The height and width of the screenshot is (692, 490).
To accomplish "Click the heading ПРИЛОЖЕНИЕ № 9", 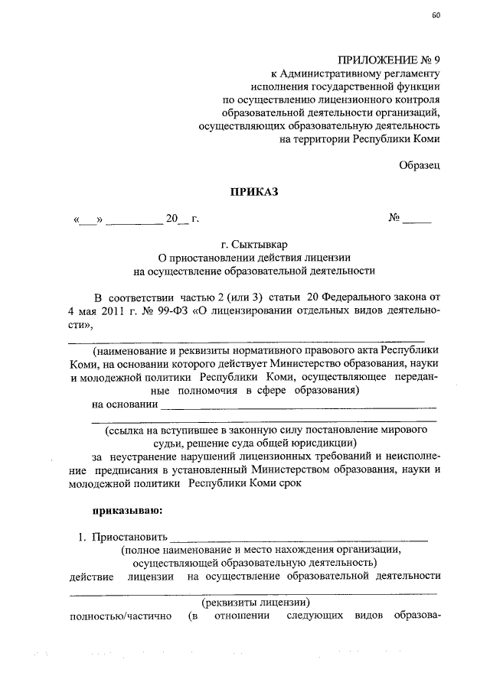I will tap(390, 58).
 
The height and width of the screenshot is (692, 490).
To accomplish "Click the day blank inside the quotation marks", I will tap(89, 220).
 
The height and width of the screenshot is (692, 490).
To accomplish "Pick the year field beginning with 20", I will tap(177, 219).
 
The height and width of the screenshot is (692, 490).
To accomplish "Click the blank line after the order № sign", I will tap(417, 219).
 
